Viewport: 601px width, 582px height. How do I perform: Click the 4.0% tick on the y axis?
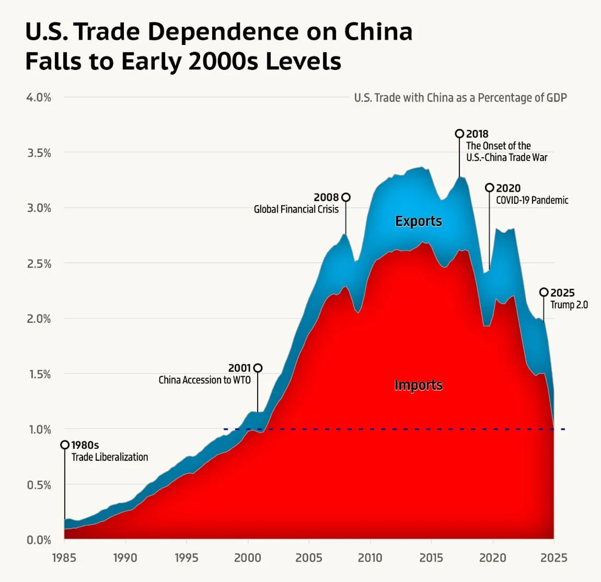point(39,97)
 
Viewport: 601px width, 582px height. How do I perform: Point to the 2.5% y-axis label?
point(39,263)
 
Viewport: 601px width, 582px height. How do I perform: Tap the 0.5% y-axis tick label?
point(39,485)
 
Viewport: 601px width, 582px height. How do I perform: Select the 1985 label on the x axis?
point(64,557)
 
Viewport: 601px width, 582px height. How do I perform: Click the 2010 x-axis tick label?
point(370,557)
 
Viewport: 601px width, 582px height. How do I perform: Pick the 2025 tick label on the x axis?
point(554,557)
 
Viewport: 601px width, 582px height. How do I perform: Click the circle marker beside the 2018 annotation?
point(459,134)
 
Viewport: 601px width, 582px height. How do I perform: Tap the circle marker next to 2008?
point(345,197)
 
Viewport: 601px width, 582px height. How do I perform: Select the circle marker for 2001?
point(258,368)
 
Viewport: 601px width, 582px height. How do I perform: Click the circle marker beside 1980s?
point(65,445)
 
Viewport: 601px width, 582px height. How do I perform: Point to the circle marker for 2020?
point(489,188)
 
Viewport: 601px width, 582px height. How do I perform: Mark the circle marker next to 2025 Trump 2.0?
point(544,292)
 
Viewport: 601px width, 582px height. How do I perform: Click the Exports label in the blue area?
point(418,221)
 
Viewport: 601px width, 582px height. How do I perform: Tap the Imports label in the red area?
point(418,385)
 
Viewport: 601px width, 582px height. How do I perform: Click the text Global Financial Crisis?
point(296,209)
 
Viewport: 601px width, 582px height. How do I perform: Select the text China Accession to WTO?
point(204,380)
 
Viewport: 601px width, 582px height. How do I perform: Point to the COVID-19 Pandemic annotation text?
point(531,200)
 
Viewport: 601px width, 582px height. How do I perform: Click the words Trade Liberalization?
point(109,457)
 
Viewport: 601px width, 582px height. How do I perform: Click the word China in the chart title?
point(378,31)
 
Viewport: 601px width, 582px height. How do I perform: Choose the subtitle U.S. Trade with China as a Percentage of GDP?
point(460,98)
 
